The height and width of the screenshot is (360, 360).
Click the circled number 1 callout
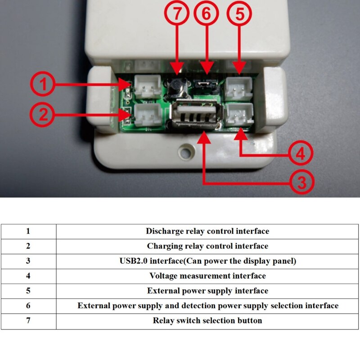tap(43, 85)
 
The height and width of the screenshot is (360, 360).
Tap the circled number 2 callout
tap(43, 115)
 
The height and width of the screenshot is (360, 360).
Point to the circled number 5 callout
tap(240, 14)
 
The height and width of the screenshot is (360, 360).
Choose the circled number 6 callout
tap(206, 14)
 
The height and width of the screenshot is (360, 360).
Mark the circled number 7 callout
tap(178, 14)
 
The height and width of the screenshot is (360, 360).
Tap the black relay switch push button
tap(177, 88)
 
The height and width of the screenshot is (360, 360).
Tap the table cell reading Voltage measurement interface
tap(207, 276)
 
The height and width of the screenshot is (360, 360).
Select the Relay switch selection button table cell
tap(207, 320)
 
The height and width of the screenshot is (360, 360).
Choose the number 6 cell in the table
tap(28, 306)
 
